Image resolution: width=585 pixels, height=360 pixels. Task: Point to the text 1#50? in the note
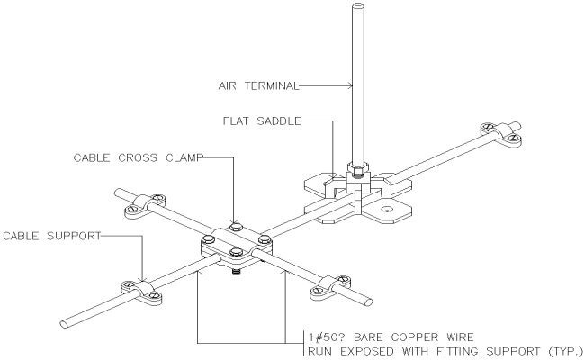(328, 337)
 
